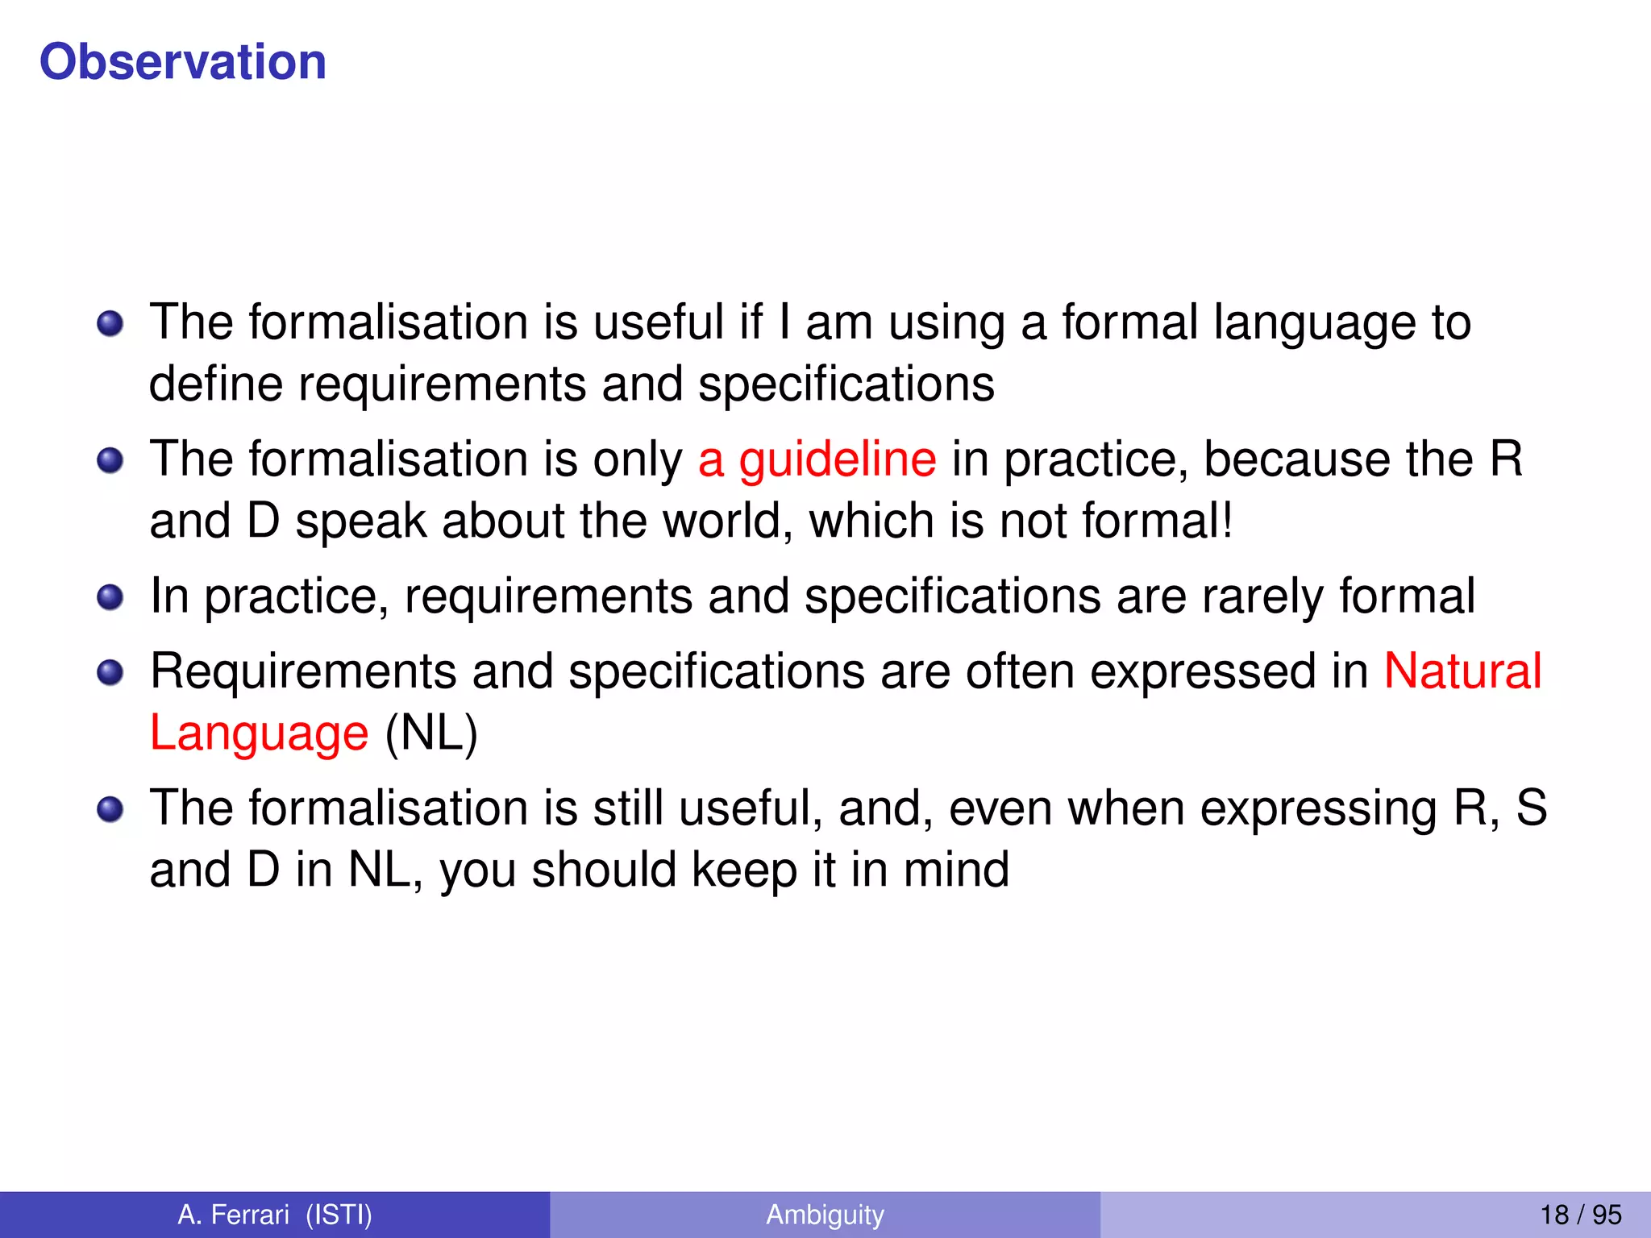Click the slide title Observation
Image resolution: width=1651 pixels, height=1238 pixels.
[183, 62]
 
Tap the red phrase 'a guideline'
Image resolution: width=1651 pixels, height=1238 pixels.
[817, 460]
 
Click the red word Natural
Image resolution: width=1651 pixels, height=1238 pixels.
[1462, 671]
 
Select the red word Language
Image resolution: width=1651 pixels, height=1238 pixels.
[259, 733]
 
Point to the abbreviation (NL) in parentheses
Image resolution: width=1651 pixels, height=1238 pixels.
[431, 733]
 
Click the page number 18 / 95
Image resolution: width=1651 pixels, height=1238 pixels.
[1580, 1215]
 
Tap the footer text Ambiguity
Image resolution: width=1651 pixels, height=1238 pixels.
[825, 1215]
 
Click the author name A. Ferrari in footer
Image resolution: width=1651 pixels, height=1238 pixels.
[233, 1215]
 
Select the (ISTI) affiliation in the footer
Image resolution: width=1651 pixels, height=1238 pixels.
[339, 1215]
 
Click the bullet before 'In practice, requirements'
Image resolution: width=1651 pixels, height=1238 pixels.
[110, 598]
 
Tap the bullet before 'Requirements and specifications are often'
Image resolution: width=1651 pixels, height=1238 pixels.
[110, 672]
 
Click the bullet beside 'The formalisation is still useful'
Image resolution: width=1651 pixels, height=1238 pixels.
[110, 809]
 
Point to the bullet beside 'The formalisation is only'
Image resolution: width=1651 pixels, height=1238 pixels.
[110, 461]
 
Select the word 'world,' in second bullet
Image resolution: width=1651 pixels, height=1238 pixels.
[728, 521]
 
